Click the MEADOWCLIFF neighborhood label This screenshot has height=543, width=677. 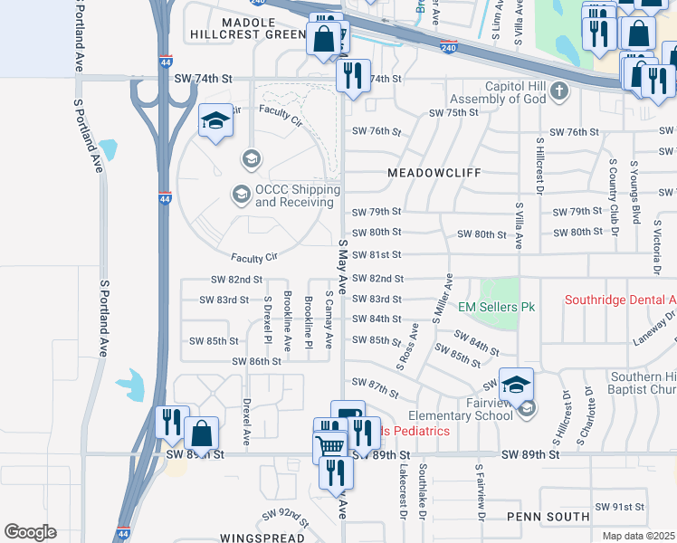[x=433, y=172]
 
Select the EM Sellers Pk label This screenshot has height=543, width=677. [x=496, y=308]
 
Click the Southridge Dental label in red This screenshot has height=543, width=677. [x=620, y=300]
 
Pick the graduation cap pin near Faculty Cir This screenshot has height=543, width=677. [x=215, y=123]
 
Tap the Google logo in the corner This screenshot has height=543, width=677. [x=30, y=532]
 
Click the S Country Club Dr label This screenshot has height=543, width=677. [x=613, y=192]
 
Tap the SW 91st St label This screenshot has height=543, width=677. [x=619, y=508]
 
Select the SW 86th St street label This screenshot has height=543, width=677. [x=257, y=361]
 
